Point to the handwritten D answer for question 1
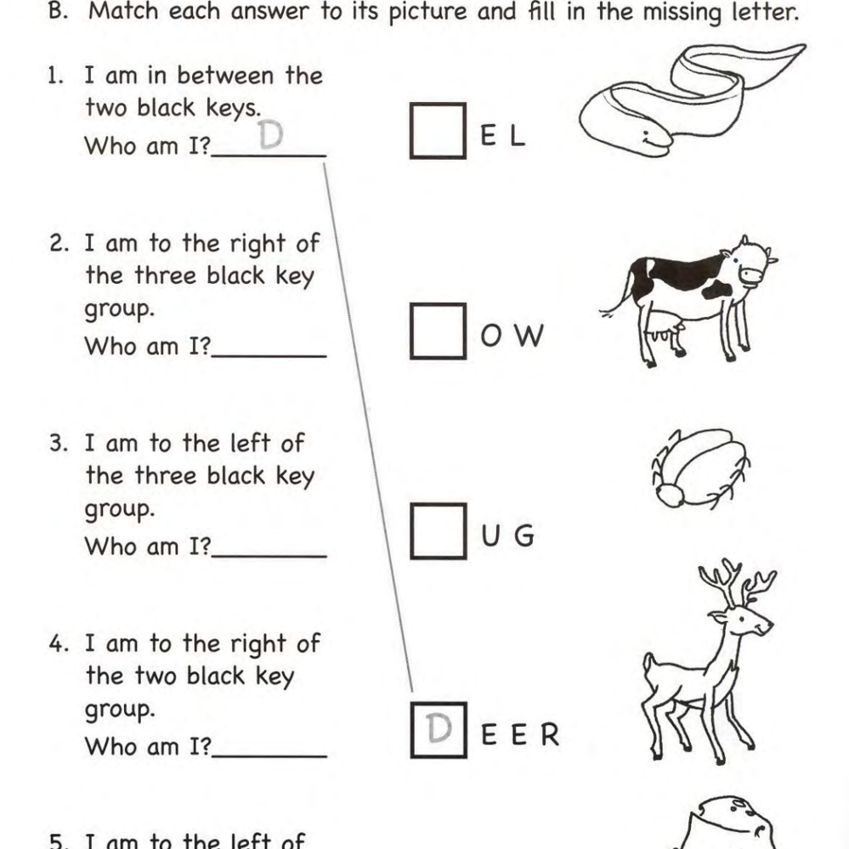pos(271,134)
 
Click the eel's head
pos(650,138)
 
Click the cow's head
pos(747,264)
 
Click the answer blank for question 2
pos(269,356)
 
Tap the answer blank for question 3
pos(269,556)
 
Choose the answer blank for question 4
pos(269,756)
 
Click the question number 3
pos(59,444)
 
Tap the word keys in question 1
pos(234,108)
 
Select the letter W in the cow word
pos(529,336)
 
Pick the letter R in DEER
pos(549,735)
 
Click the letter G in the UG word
pos(524,535)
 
